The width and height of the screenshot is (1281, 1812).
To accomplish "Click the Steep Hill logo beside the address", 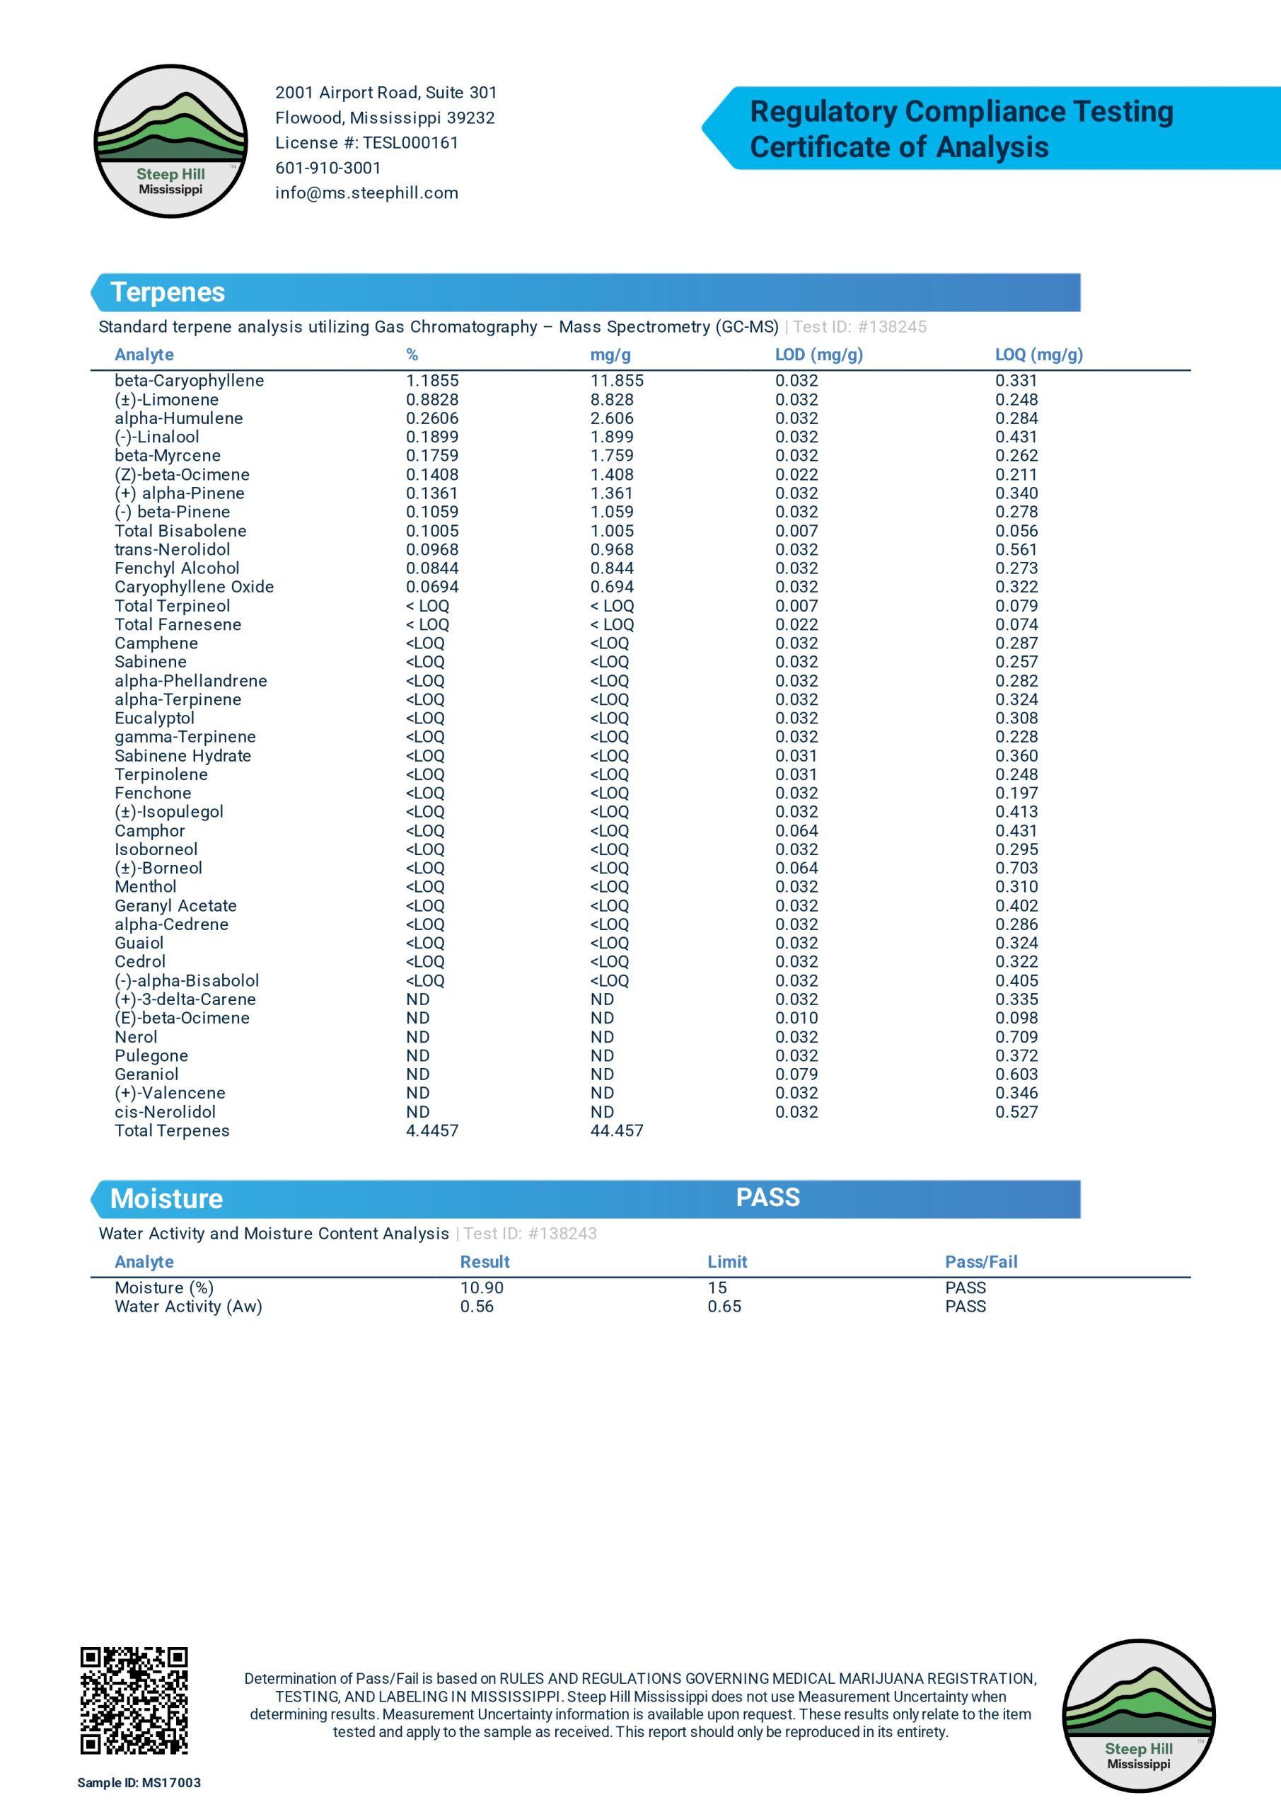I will click(x=170, y=142).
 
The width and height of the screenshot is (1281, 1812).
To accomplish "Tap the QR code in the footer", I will click(x=134, y=1700).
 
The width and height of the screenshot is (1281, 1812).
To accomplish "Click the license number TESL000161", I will click(x=410, y=143).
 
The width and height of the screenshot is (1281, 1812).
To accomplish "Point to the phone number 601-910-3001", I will click(x=328, y=168).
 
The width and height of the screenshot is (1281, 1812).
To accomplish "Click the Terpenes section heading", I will click(x=168, y=293).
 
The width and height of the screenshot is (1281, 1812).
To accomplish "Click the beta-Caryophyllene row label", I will click(x=190, y=380).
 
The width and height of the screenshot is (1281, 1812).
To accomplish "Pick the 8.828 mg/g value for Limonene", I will click(x=611, y=400).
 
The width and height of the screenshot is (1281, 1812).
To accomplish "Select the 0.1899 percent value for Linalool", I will click(x=431, y=437).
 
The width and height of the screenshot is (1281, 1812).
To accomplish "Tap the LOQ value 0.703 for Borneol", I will click(x=1016, y=868).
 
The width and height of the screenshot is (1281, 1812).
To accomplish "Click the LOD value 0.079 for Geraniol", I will click(x=796, y=1074).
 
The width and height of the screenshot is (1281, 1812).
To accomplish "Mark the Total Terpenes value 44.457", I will click(x=616, y=1131).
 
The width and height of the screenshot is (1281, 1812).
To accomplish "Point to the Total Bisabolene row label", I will click(x=180, y=531).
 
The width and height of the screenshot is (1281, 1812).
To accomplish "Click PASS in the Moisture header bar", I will click(x=767, y=1197).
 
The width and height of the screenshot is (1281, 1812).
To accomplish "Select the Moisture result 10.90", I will click(x=481, y=1288).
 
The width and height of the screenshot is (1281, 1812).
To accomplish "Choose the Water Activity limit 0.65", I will click(x=724, y=1307).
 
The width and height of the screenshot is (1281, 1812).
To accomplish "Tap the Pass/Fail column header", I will click(x=980, y=1262).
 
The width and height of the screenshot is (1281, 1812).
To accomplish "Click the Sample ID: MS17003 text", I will click(x=139, y=1783).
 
